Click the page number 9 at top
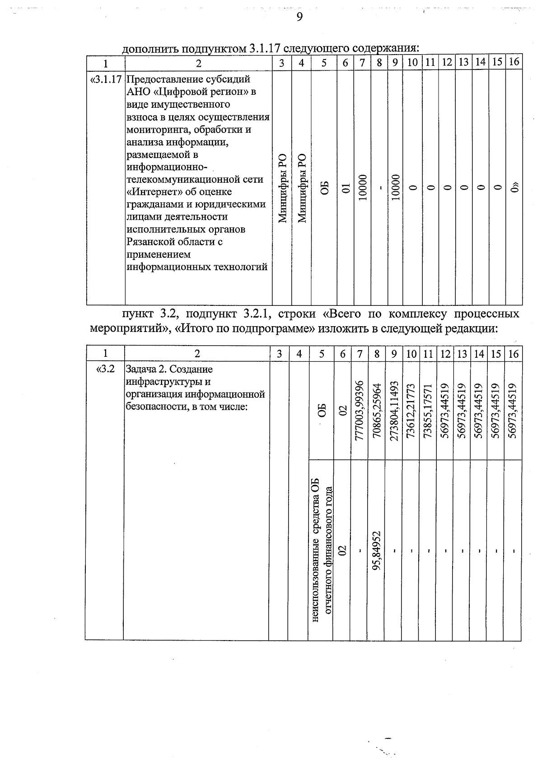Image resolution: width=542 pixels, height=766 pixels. tap(299, 17)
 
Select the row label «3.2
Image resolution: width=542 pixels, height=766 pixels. tap(105, 369)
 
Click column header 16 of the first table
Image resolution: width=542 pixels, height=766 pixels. tap(514, 62)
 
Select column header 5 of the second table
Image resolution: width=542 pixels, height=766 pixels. tap(321, 354)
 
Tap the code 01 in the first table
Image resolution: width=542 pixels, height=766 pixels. tap(346, 189)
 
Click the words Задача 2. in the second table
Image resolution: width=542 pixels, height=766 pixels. tap(144, 369)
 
